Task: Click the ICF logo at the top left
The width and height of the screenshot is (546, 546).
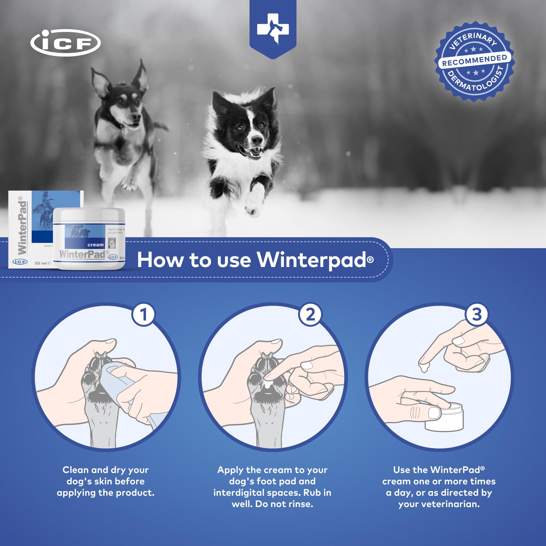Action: tap(65, 43)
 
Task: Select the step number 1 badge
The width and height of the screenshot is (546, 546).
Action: tap(144, 314)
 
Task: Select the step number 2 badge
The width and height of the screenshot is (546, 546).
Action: tap(310, 314)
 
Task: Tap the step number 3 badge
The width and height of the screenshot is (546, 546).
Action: tap(476, 314)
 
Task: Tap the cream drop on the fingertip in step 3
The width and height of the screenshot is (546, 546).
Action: tap(424, 368)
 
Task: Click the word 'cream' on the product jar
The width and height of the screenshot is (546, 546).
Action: tap(96, 245)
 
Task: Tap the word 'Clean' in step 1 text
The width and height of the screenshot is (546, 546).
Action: tap(75, 470)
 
